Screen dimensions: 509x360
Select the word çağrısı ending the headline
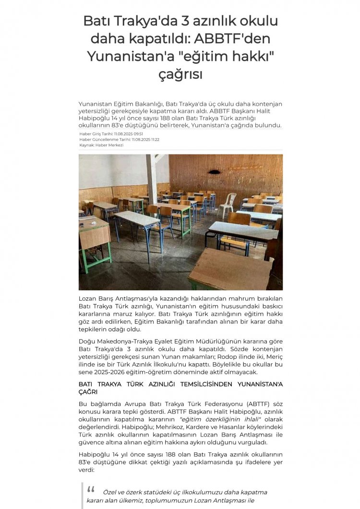[180, 74]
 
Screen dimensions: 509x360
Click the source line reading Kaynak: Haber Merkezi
[101, 145]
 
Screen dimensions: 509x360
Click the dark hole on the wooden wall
[215, 171]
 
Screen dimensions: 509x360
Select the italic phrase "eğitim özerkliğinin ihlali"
[213, 419]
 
